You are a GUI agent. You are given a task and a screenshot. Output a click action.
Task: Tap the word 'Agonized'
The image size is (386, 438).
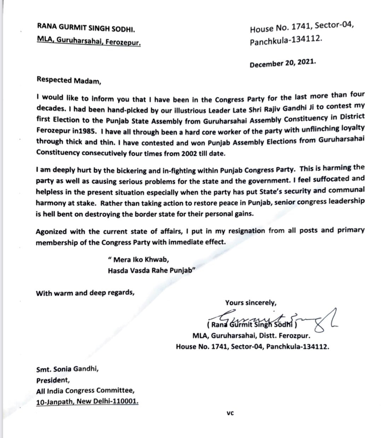(x=50, y=232)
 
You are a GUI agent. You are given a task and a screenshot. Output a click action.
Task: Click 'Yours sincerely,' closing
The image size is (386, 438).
(x=251, y=303)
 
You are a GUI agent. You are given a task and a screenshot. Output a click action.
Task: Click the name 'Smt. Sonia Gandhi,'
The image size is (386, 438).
(x=68, y=369)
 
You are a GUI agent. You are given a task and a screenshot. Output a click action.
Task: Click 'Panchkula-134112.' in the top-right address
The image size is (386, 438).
(x=286, y=41)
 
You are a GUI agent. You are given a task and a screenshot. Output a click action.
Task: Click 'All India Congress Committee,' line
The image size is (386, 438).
(x=85, y=391)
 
